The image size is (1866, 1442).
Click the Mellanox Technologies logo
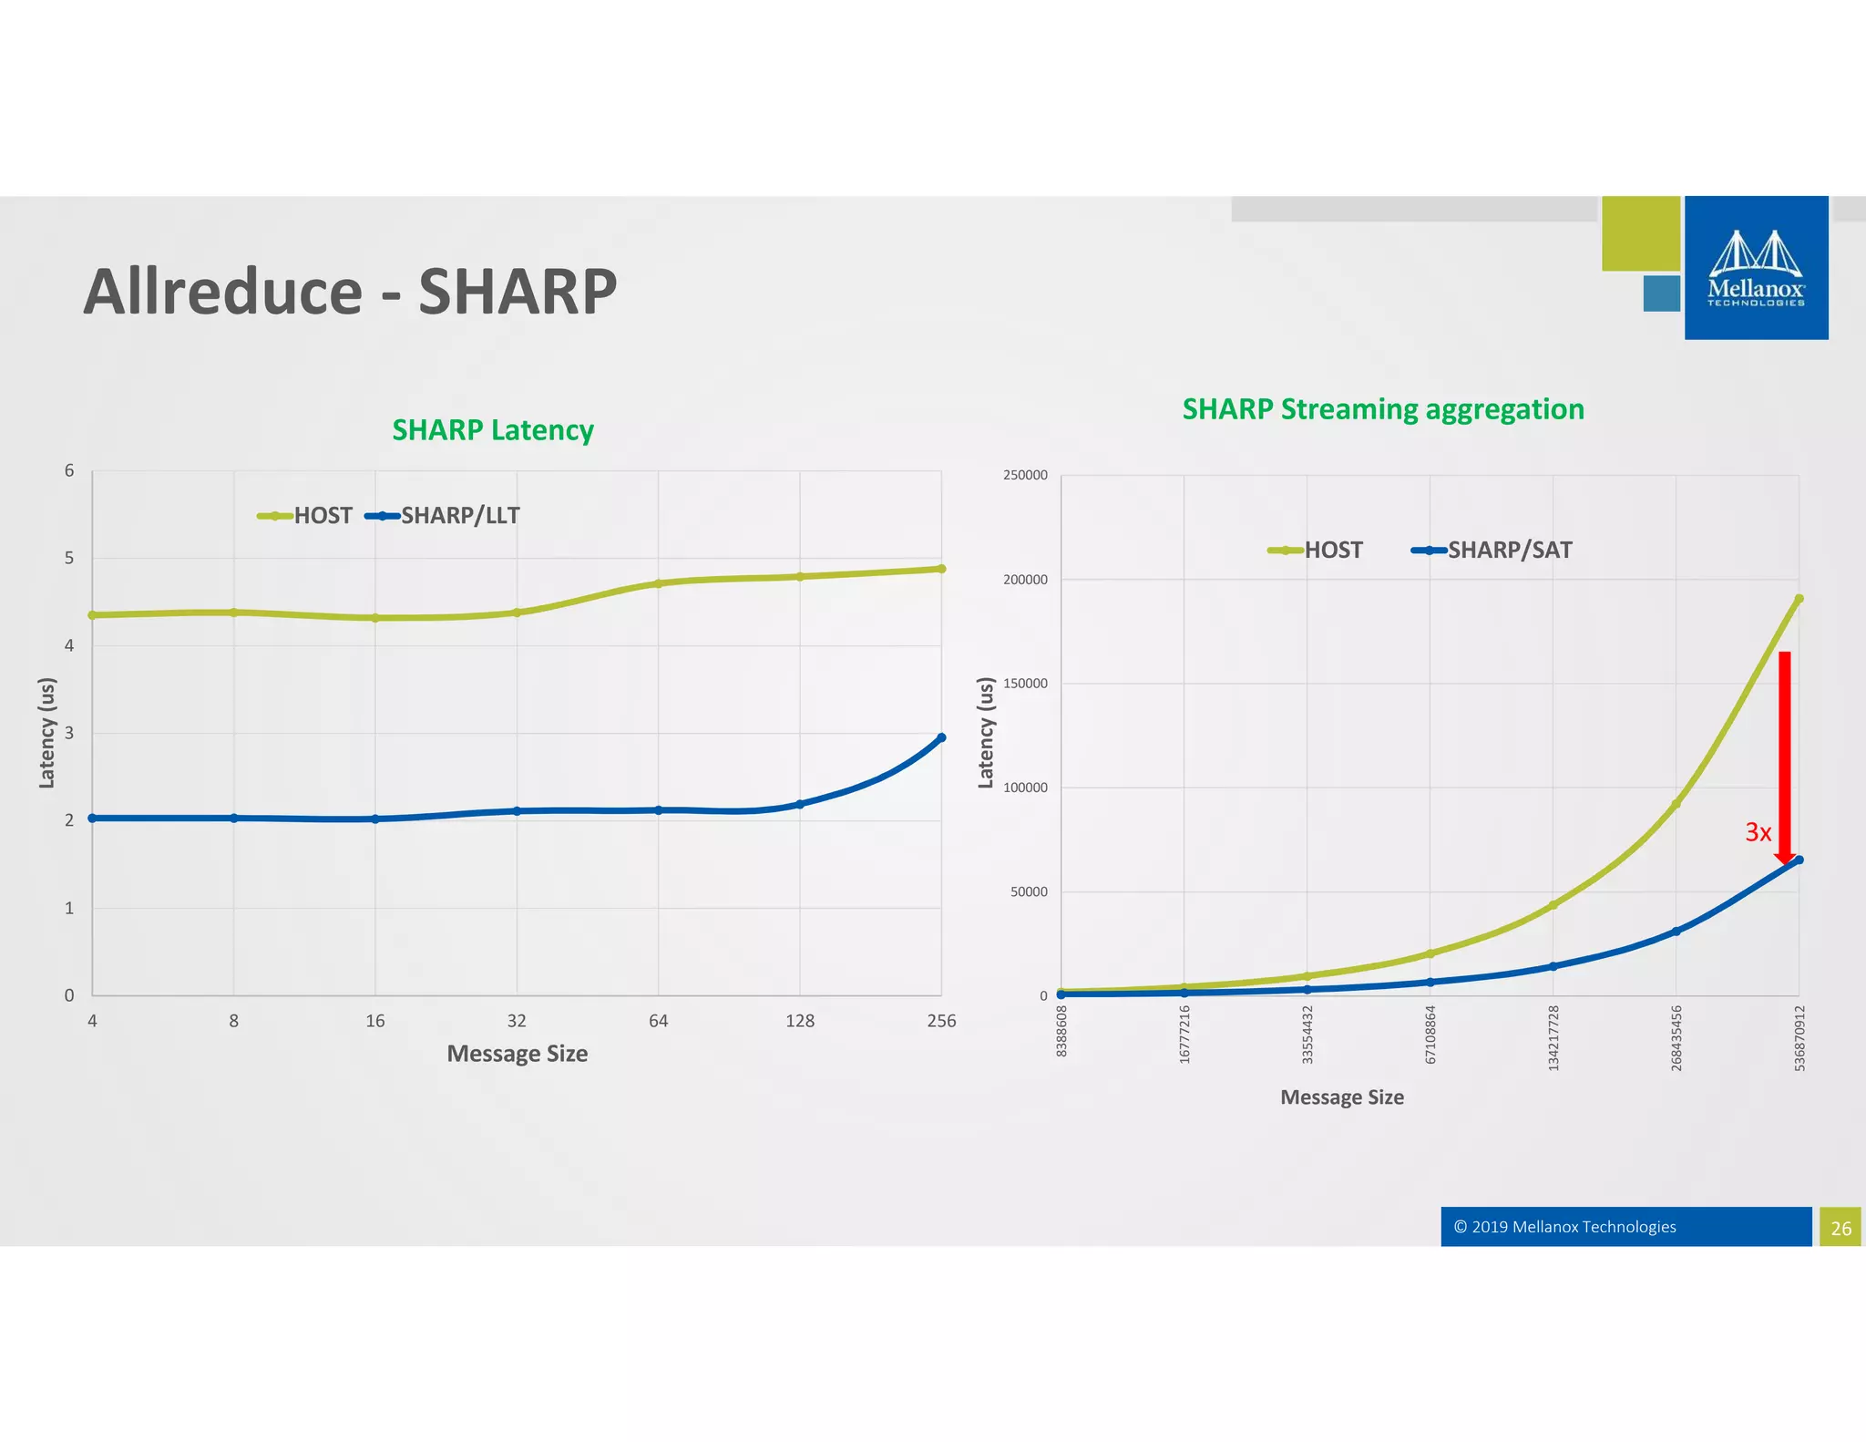[x=1756, y=268]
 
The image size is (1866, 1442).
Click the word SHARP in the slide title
[x=517, y=292]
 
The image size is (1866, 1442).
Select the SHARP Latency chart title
[x=493, y=429]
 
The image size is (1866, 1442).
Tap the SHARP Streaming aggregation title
[x=1382, y=409]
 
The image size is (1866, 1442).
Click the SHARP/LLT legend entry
[x=444, y=516]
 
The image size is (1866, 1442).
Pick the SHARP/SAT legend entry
[x=1492, y=550]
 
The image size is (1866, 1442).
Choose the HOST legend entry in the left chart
[x=306, y=516]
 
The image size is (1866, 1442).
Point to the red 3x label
[x=1758, y=832]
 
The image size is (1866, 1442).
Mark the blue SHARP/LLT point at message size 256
[x=941, y=737]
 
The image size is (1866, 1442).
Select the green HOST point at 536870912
[x=1799, y=599]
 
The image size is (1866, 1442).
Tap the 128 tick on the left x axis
[x=800, y=1021]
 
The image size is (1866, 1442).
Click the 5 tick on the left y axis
[x=69, y=558]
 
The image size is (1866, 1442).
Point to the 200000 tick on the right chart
[x=1025, y=580]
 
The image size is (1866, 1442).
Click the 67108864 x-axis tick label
[x=1430, y=1035]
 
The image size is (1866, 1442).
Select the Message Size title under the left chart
[x=517, y=1054]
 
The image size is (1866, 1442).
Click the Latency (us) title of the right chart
[x=985, y=733]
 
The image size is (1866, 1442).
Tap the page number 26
[x=1840, y=1228]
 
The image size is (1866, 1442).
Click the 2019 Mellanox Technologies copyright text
[x=1564, y=1227]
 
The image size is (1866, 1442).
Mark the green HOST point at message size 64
[x=658, y=583]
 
